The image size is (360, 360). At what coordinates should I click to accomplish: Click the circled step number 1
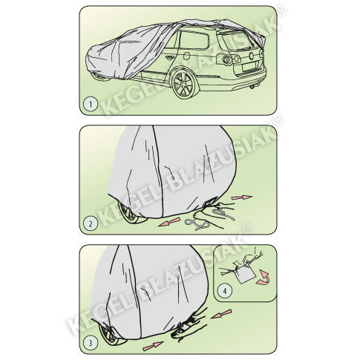pyautogui.click(x=91, y=105)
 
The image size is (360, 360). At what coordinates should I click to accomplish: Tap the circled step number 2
pyautogui.click(x=91, y=224)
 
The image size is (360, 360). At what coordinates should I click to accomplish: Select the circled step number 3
pyautogui.click(x=91, y=343)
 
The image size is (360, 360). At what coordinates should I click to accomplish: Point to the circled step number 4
pyautogui.click(x=225, y=290)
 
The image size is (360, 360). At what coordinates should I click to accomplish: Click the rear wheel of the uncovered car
pyautogui.click(x=185, y=83)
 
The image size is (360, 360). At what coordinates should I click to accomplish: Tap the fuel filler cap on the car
pyautogui.click(x=187, y=56)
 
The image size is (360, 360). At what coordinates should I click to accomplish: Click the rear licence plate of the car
pyautogui.click(x=250, y=66)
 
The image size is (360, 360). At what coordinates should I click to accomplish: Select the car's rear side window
pyautogui.click(x=194, y=40)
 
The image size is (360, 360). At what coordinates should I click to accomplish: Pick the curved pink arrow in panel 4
pyautogui.click(x=263, y=277)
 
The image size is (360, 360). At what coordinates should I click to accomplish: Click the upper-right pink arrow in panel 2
pyautogui.click(x=242, y=197)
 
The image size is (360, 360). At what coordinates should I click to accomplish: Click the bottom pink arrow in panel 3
pyautogui.click(x=153, y=346)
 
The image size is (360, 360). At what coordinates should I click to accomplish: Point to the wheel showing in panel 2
pyautogui.click(x=130, y=213)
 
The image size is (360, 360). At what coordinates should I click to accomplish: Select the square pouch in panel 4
pyautogui.click(x=245, y=274)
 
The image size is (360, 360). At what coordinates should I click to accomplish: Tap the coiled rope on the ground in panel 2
pyautogui.click(x=198, y=224)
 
